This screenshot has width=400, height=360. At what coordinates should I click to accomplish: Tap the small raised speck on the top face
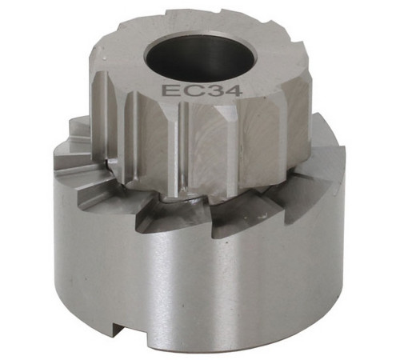[x=105, y=58]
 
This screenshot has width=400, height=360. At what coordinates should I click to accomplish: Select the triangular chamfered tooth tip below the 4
[x=227, y=114]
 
